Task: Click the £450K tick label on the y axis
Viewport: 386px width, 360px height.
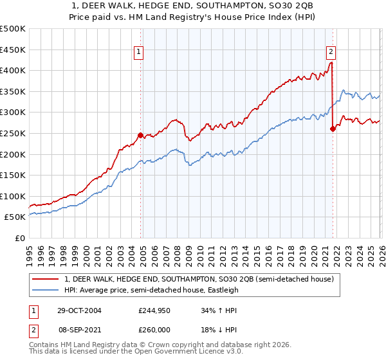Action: [x=13, y=50]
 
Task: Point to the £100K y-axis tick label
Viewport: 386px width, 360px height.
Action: [x=13, y=196]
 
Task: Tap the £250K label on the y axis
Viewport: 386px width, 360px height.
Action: [x=13, y=133]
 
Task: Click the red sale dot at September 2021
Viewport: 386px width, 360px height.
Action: [x=333, y=129]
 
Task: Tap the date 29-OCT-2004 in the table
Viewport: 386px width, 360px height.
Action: [x=78, y=310]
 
